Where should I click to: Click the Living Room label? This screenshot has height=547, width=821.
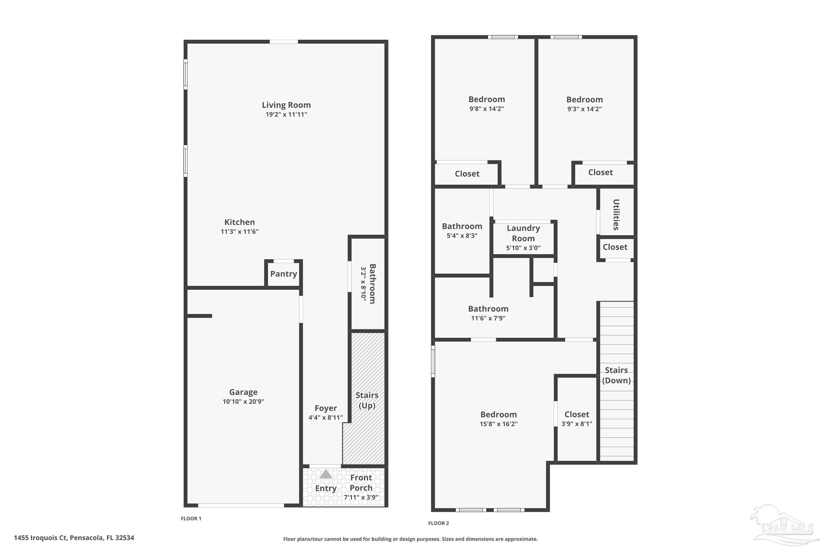click(286, 105)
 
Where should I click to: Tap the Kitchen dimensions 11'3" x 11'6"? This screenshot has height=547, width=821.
click(239, 232)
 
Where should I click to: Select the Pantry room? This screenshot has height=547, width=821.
click(283, 274)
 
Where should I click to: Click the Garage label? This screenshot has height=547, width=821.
click(243, 392)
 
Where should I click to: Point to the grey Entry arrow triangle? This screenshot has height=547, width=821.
click(326, 474)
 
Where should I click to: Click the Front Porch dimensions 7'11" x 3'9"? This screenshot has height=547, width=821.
click(361, 498)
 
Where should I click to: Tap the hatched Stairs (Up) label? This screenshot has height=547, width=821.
click(367, 400)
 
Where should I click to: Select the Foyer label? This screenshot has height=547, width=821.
click(326, 408)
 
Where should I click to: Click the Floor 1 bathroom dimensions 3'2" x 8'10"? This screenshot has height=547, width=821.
click(364, 284)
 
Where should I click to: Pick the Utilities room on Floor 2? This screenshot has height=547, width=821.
click(616, 214)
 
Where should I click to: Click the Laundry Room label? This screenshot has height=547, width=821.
click(523, 233)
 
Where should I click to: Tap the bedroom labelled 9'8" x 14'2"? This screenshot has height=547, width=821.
click(487, 103)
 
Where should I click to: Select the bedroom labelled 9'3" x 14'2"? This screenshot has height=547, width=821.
click(584, 103)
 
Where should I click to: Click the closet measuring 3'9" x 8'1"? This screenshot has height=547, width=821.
click(576, 419)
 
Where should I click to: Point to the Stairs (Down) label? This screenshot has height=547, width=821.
click(616, 375)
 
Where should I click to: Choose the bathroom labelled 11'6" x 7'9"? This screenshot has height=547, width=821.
click(488, 313)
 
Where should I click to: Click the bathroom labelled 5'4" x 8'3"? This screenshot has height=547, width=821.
click(462, 230)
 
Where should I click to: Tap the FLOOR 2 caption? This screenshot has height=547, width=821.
click(439, 523)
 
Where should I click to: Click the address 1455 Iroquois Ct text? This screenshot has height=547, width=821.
click(74, 538)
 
